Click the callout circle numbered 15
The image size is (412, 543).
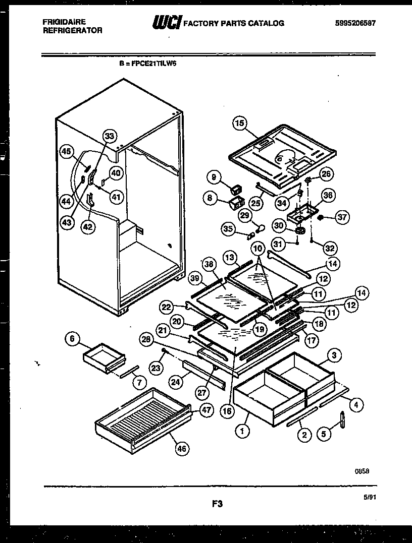[x=239, y=123]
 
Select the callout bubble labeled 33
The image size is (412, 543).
[x=109, y=136]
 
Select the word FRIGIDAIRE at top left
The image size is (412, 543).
[x=57, y=22]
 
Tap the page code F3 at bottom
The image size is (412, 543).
[x=217, y=503]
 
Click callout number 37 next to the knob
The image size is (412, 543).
[x=342, y=217]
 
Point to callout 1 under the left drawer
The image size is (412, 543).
[x=243, y=432]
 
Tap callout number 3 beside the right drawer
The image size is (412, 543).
[x=332, y=355]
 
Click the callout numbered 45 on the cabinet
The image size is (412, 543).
[x=66, y=150]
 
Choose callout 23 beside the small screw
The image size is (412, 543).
[x=157, y=368]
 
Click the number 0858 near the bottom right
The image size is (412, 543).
[x=362, y=470]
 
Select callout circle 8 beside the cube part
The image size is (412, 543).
[x=209, y=198]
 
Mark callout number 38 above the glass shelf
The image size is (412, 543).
[x=209, y=263]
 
